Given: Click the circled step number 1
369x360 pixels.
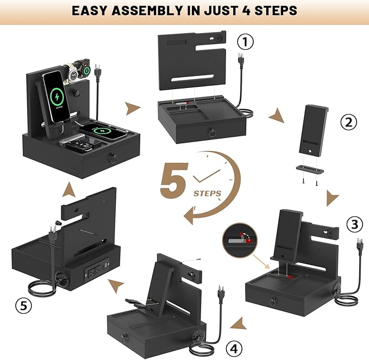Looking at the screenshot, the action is tap(245, 42).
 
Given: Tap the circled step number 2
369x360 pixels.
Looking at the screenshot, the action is tap(348, 122).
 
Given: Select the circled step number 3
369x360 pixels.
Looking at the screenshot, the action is tap(355, 224).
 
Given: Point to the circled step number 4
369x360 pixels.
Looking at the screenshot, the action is tap(234, 349).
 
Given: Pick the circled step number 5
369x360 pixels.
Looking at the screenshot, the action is tap(23, 306).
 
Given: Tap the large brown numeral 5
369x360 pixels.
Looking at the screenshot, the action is tap(174, 180).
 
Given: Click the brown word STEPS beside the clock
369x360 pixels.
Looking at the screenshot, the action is tap(208, 193).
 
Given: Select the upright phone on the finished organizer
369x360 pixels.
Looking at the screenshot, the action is tap(57, 96).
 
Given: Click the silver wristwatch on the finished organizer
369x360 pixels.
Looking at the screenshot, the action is tap(72, 74).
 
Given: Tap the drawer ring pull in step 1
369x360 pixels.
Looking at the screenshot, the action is tap(212, 132).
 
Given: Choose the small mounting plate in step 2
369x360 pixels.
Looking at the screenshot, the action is tap(309, 169).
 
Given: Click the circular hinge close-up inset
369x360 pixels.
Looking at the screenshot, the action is tap(240, 240).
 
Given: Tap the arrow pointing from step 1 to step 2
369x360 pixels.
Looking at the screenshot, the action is tap(277, 116).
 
